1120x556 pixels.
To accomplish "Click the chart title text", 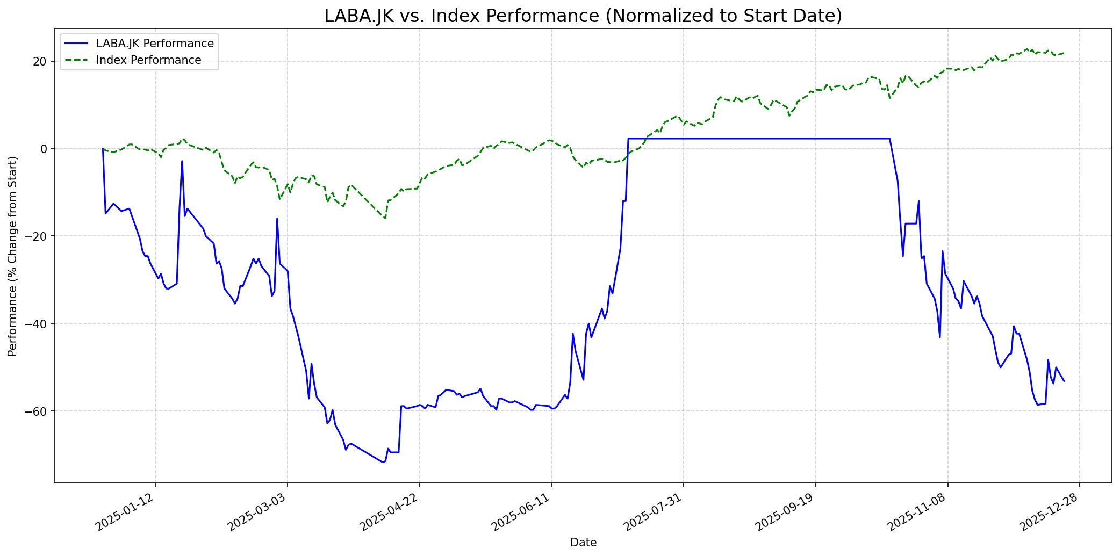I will (583, 16).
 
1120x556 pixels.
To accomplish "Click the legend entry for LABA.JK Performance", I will (155, 44).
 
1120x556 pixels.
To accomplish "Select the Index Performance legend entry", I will (148, 60).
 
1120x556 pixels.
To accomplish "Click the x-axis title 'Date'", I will (583, 543).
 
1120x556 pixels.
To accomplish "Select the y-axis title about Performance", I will (12, 256).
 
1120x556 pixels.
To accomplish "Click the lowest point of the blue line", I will (383, 462).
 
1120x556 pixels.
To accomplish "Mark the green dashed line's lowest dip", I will (385, 218).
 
